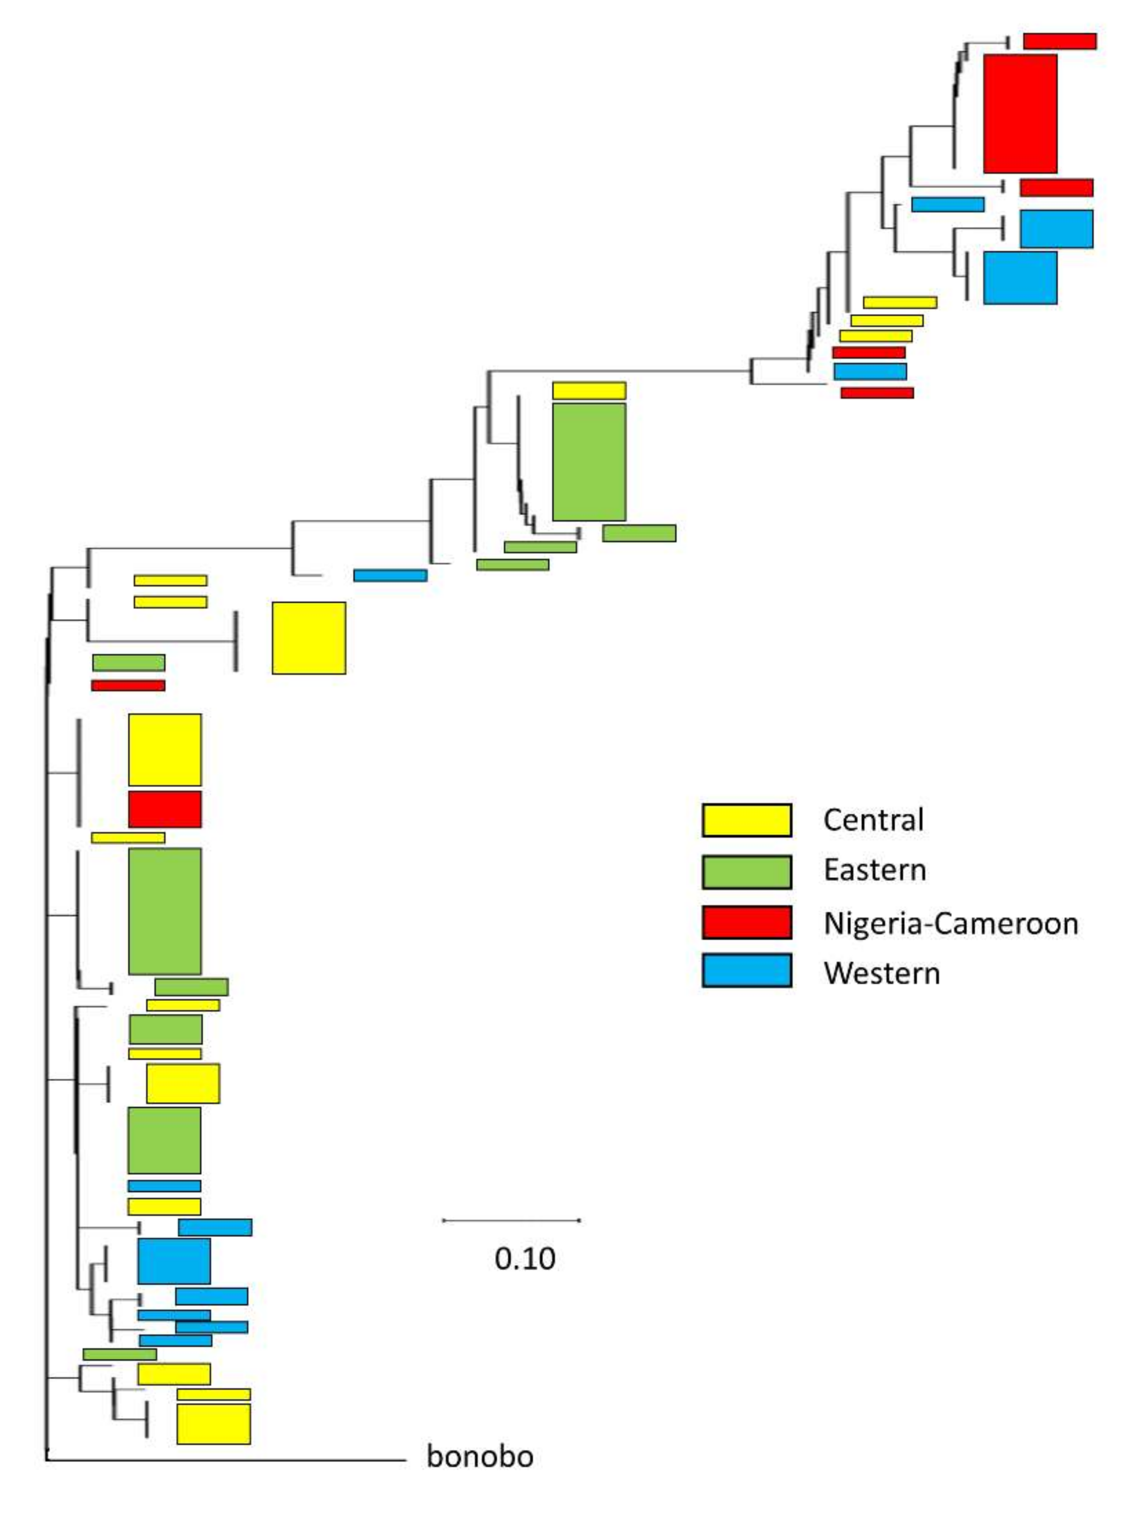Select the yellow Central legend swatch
coord(746,820)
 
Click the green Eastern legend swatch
coord(746,871)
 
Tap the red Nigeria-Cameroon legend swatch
coord(746,922)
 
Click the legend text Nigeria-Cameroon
coord(950,923)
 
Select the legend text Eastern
coord(874,870)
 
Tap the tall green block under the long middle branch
coord(589,462)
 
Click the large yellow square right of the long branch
coord(309,638)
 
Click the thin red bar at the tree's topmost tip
coord(1059,41)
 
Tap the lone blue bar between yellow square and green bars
coord(390,576)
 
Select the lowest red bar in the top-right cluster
coord(876,393)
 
